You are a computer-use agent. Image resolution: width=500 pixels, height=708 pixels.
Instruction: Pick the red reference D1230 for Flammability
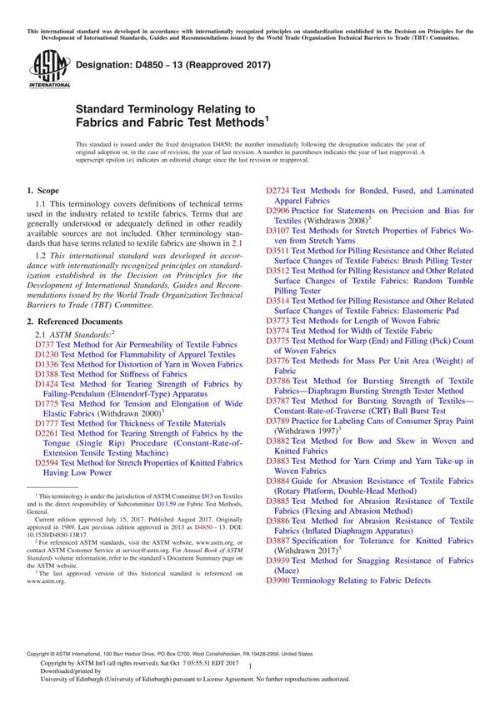[x=48, y=354]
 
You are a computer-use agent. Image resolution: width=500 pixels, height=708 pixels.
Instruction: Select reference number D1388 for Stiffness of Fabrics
[x=48, y=374]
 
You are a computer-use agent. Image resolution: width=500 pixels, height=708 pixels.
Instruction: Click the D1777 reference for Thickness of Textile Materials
[x=48, y=423]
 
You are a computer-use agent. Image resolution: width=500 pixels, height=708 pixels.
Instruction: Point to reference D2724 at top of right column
[x=278, y=192]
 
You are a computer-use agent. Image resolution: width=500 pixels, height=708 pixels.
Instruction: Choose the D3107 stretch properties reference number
[x=278, y=231]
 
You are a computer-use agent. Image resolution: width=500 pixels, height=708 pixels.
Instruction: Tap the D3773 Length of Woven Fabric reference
[x=278, y=321]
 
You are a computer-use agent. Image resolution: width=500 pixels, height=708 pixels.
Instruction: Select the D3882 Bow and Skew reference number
[x=278, y=440]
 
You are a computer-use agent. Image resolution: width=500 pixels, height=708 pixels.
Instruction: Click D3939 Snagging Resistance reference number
[x=278, y=560]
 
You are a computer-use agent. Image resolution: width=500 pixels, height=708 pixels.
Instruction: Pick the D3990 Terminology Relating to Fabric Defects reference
[x=278, y=580]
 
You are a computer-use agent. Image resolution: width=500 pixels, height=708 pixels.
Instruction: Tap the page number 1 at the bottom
[x=250, y=667]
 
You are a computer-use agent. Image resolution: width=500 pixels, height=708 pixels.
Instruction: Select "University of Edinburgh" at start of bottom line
[x=58, y=680]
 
